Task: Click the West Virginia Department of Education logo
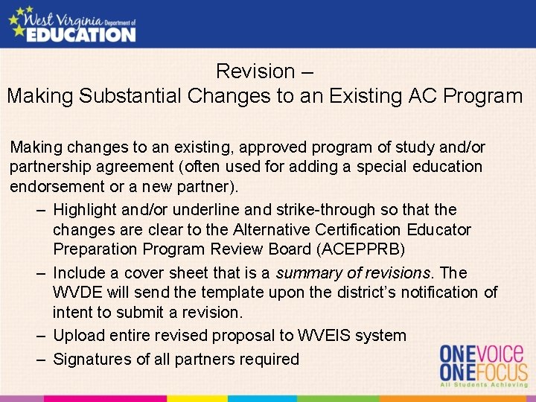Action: click(x=72, y=24)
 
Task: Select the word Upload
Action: click(x=78, y=336)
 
